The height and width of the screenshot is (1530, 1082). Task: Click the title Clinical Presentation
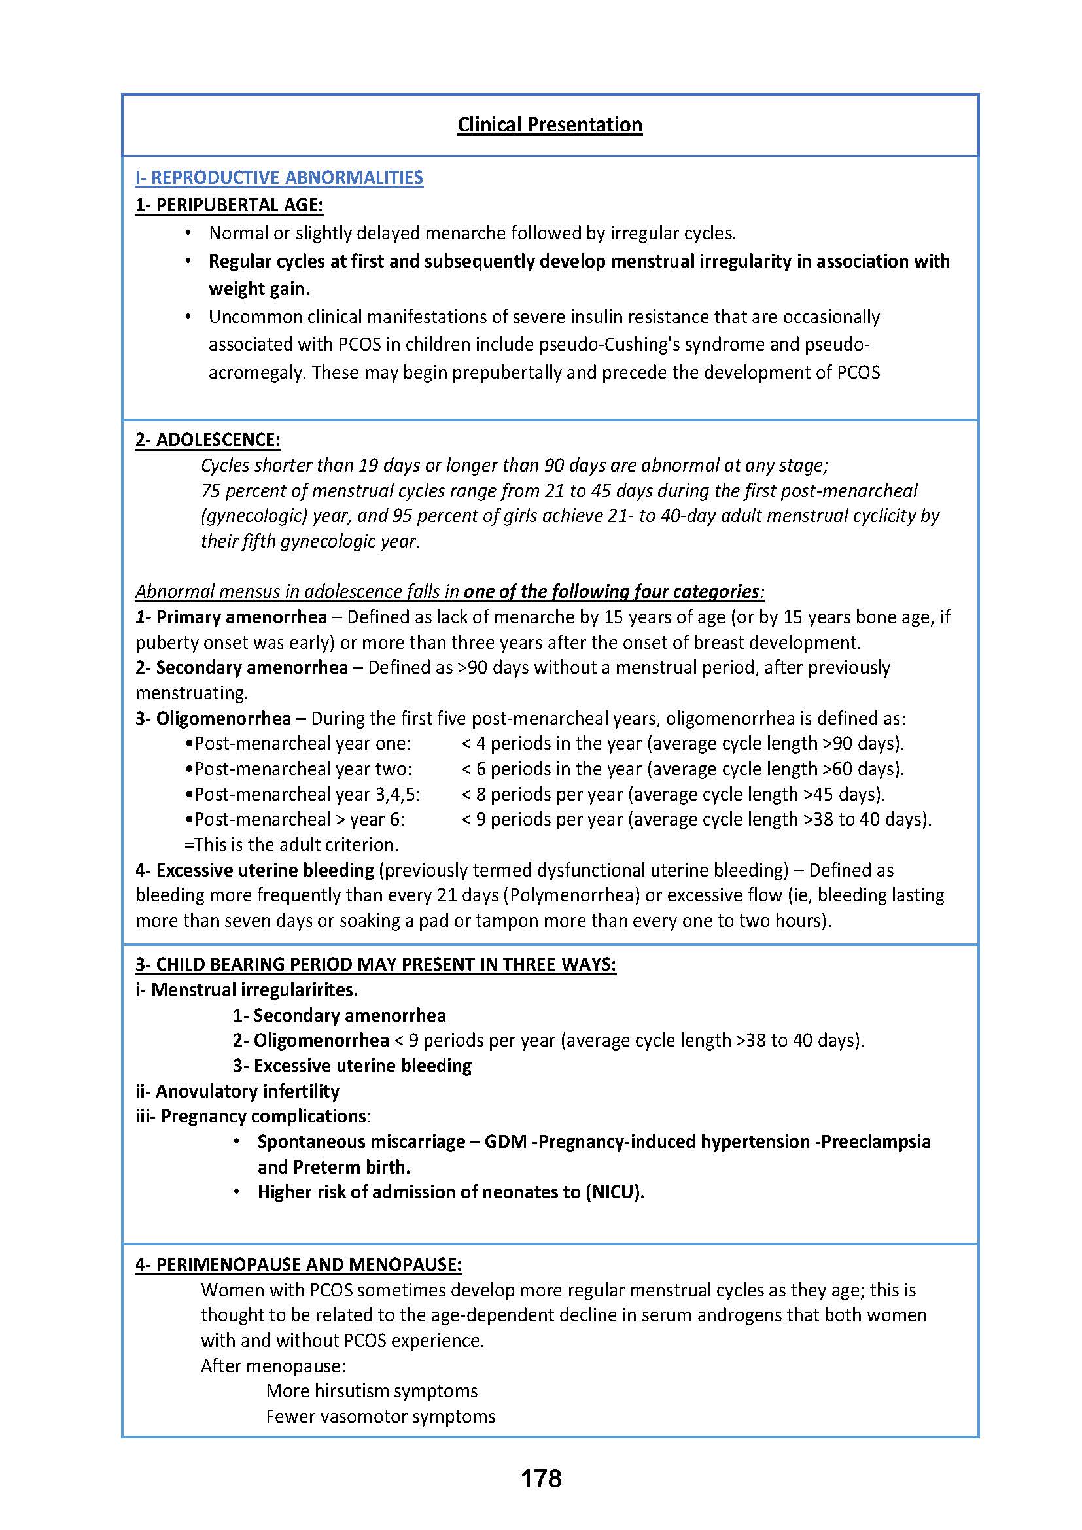tap(550, 125)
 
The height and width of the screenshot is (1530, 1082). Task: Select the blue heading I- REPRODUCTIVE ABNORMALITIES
tap(279, 177)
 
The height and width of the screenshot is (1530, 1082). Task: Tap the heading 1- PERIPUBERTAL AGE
tap(228, 205)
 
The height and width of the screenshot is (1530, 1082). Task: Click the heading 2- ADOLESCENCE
tap(208, 440)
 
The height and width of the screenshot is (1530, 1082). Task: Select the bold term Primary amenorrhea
tap(241, 617)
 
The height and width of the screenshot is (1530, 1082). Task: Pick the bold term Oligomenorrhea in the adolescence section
tap(223, 718)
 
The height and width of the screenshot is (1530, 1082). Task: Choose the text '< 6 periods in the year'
tap(551, 769)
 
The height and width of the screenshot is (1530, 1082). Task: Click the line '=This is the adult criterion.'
tap(291, 844)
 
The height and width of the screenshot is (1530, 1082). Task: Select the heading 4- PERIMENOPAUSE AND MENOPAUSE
tap(298, 1264)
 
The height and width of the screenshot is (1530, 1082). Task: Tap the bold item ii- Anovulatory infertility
tap(237, 1091)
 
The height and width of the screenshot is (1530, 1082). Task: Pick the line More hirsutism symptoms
tap(372, 1391)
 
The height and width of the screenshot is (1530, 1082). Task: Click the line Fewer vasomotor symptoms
tap(381, 1416)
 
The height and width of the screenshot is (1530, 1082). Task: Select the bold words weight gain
tap(259, 288)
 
